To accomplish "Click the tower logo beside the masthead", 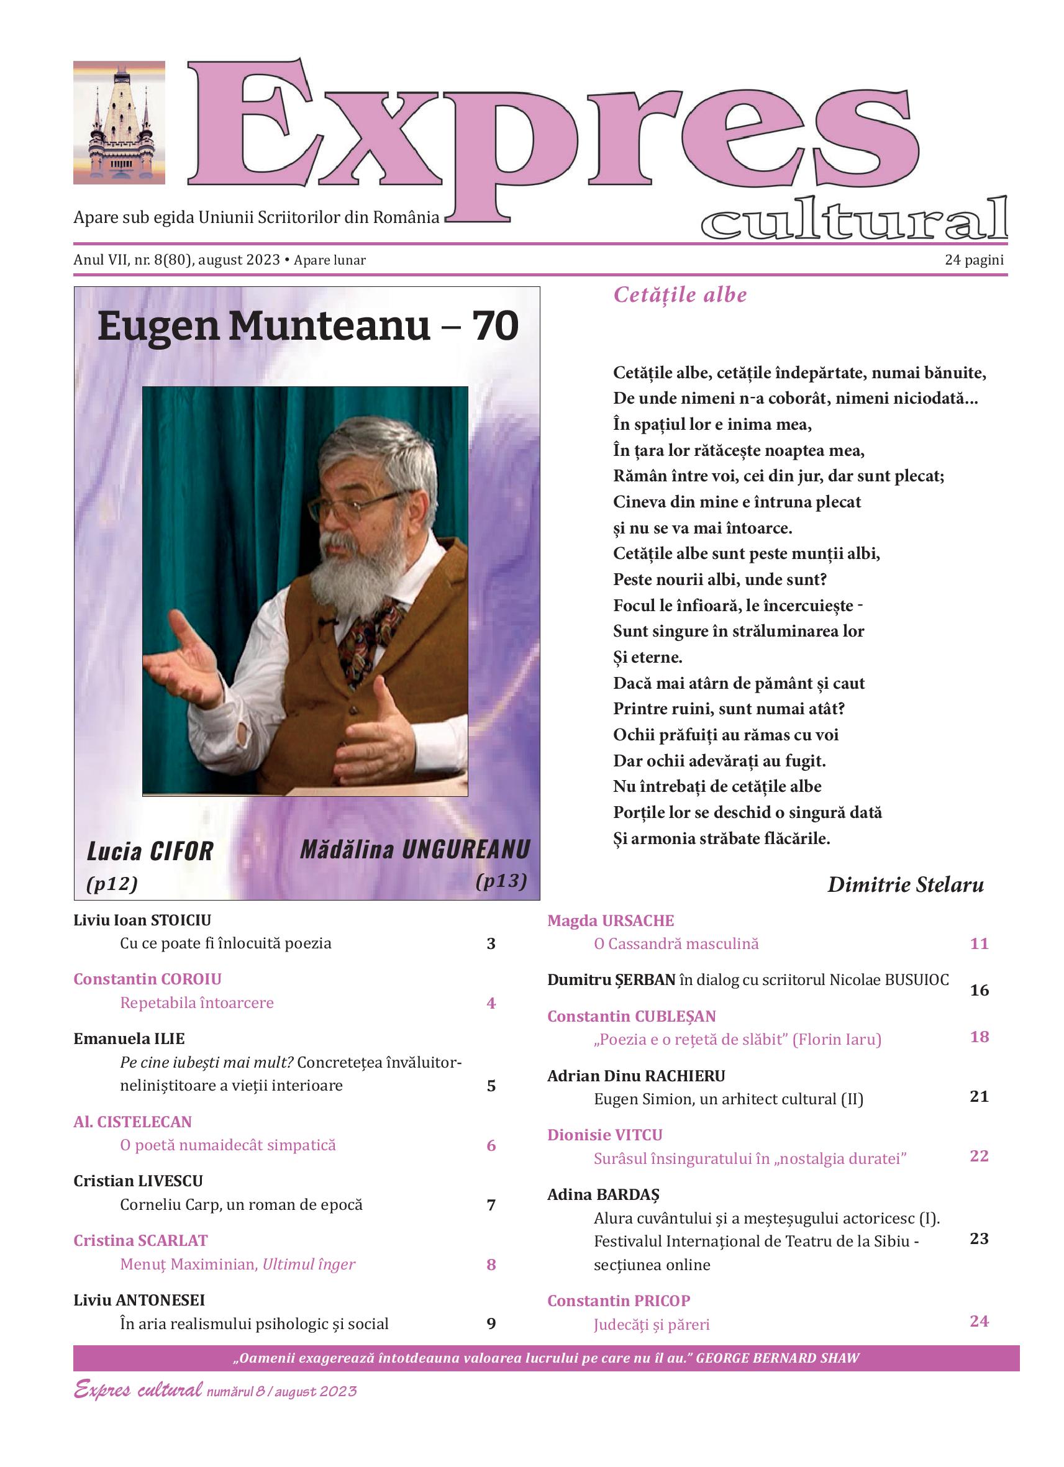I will pos(119,123).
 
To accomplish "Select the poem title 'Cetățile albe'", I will pos(680,296).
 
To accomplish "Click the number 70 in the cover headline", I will pos(495,326).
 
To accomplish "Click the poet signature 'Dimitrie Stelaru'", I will pos(905,884).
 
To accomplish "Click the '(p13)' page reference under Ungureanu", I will pos(501,881).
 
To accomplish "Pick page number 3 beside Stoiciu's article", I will pos(491,943).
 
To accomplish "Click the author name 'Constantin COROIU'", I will pos(147,979).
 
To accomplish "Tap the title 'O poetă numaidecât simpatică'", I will pos(228,1145).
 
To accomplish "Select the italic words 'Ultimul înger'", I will pos(309,1264).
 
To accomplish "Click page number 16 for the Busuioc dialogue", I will pos(979,990).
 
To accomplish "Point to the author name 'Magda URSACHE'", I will pos(611,920).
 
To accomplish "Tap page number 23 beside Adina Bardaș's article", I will pos(979,1238).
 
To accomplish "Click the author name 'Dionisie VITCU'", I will pos(605,1135).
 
